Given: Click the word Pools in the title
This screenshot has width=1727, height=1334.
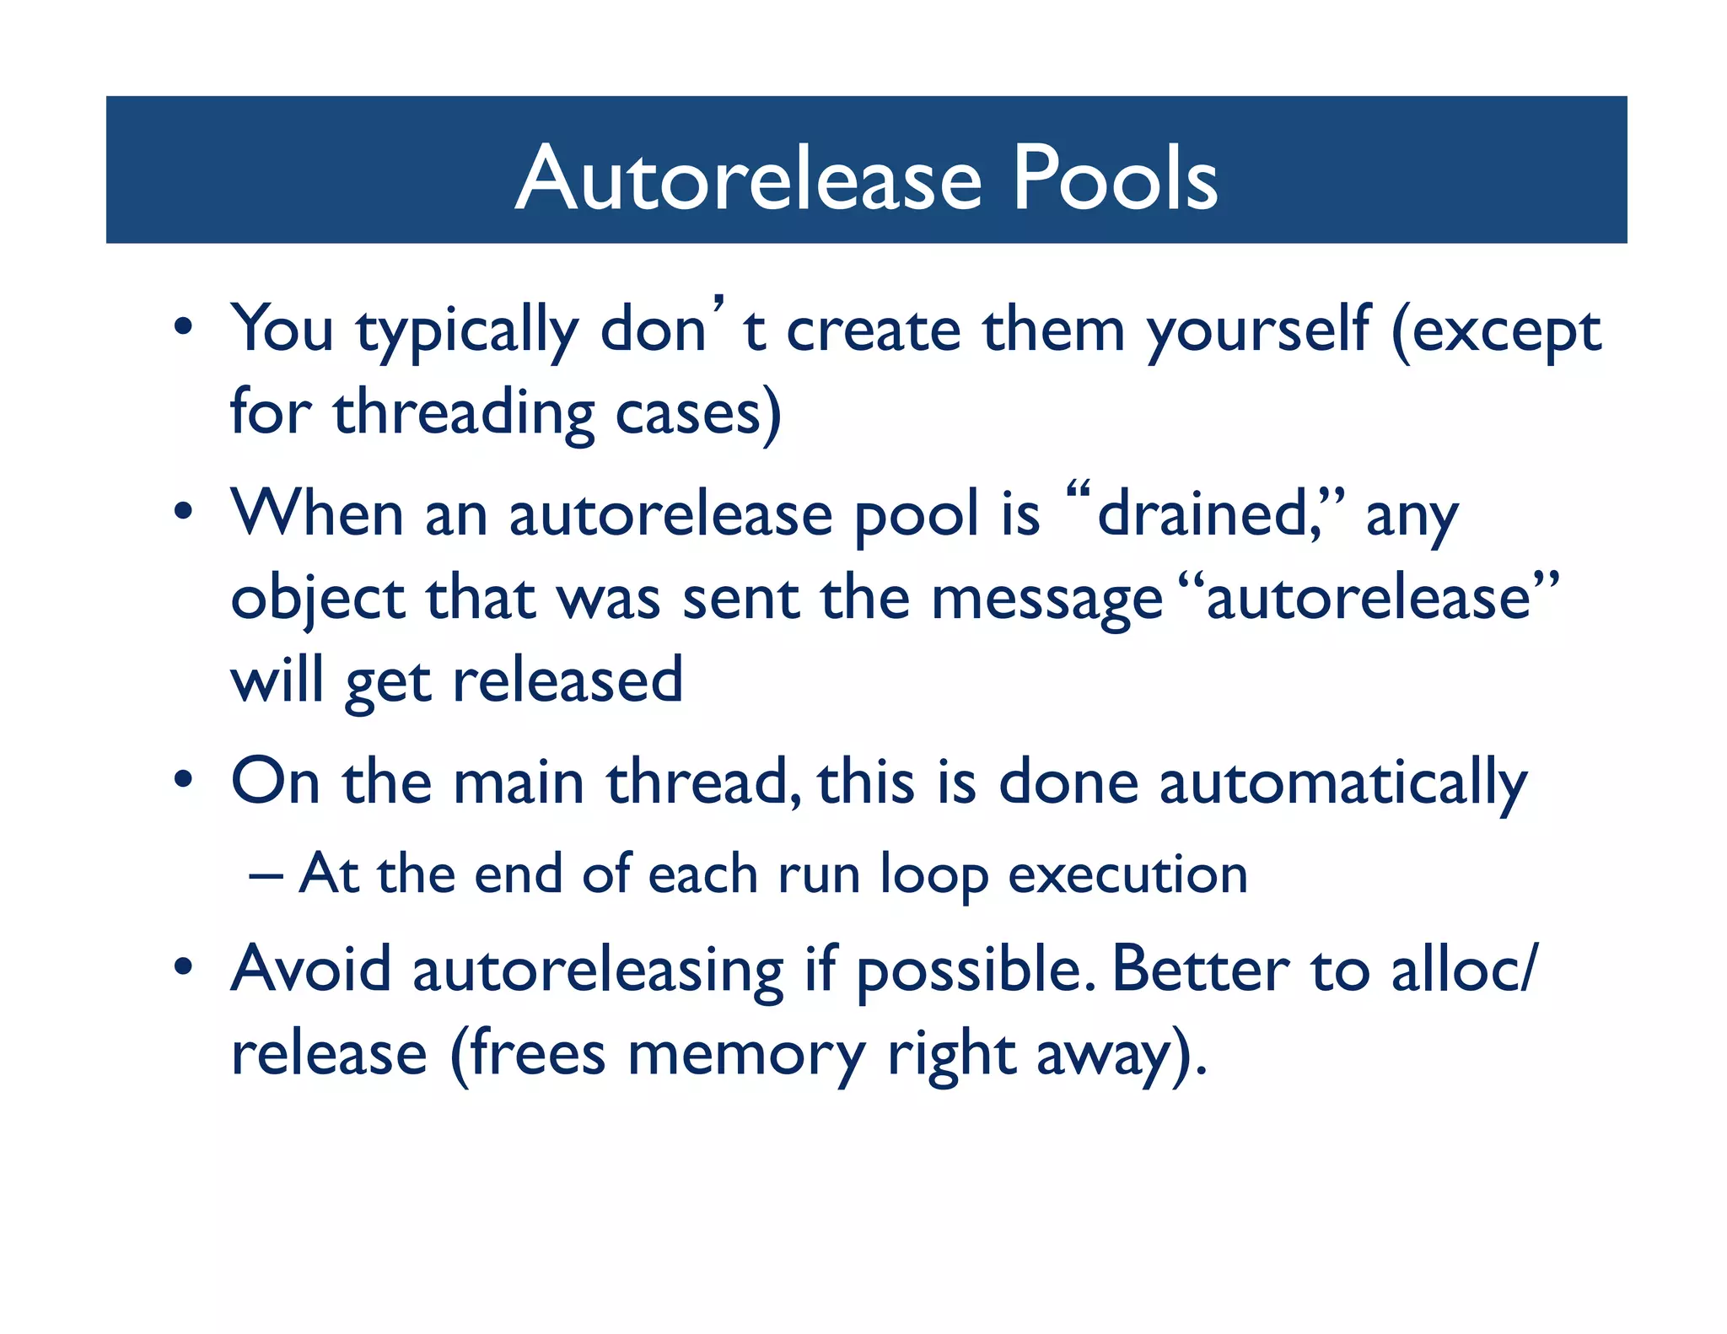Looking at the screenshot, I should pos(1115,179).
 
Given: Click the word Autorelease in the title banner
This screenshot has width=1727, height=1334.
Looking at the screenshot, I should pos(749,179).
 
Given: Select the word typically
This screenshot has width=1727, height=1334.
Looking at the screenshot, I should pos(466,331).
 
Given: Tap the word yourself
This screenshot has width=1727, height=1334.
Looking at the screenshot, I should pos(1258,331).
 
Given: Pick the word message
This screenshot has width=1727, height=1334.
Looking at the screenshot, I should pos(1046,599).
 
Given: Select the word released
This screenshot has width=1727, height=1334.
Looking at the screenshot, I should pos(568,681).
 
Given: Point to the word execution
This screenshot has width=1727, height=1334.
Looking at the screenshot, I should pos(1127,875).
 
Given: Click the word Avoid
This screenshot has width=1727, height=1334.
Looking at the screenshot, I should pos(311,970).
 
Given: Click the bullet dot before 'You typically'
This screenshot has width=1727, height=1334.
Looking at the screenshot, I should pos(183,326).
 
